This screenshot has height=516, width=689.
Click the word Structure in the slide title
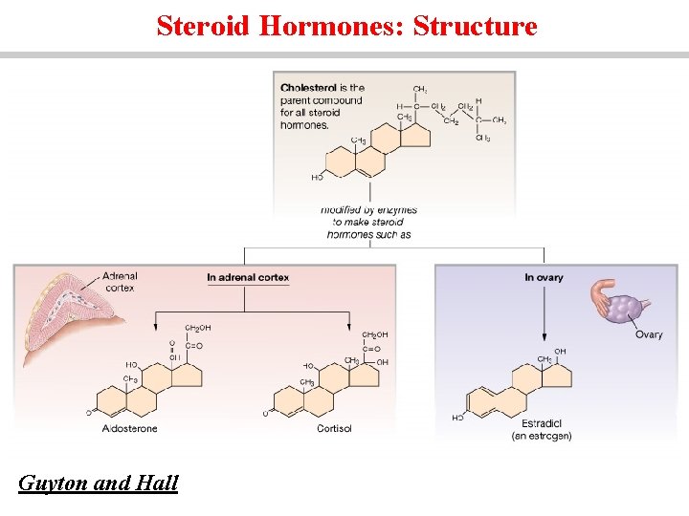[x=475, y=26]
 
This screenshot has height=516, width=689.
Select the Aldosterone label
[x=130, y=428]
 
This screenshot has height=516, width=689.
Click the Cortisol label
[x=334, y=428]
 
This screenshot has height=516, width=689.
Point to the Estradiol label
[x=542, y=423]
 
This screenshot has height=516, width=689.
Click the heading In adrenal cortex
[x=248, y=277]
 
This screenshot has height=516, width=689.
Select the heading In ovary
[x=544, y=277]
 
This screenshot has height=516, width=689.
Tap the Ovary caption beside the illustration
[x=648, y=334]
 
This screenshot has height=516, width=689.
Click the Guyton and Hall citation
[x=99, y=484]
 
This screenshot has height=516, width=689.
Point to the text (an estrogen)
[x=542, y=436]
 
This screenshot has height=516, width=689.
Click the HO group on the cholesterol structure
[x=317, y=177]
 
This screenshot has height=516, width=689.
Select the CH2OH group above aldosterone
[x=198, y=328]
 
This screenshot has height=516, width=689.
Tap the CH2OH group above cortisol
[x=375, y=335]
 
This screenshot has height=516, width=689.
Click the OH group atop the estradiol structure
[x=560, y=352]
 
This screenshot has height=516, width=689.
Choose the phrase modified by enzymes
[x=368, y=209]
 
